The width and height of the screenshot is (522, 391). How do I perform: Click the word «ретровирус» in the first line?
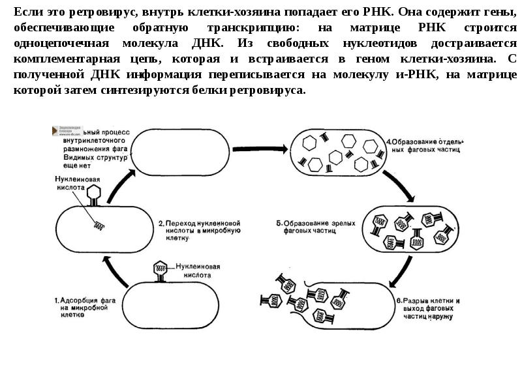[84, 12]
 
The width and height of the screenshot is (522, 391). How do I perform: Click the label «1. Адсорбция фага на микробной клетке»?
[70, 307]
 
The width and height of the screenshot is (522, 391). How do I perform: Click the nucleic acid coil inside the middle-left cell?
[100, 226]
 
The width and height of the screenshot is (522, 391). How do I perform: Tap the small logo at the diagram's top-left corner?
[65, 130]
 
